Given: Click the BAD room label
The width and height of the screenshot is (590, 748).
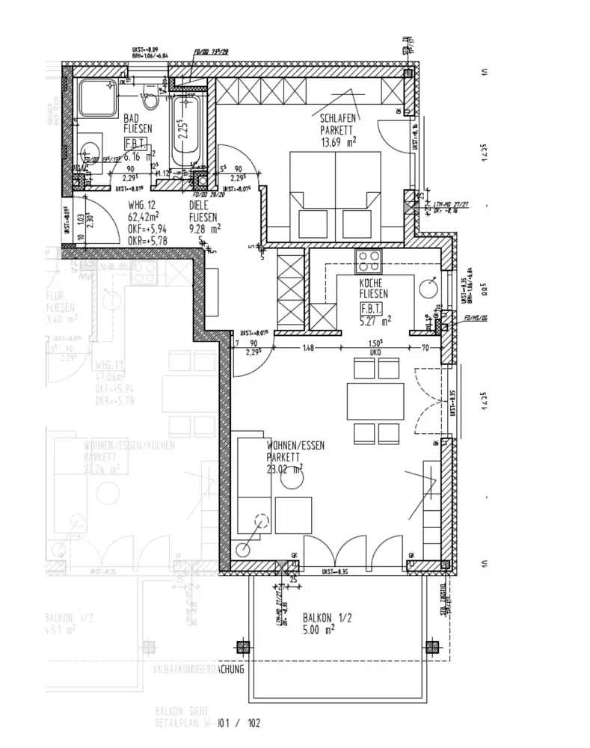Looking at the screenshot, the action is click(132, 118).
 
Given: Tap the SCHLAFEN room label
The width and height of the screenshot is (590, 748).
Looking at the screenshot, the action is click(338, 118).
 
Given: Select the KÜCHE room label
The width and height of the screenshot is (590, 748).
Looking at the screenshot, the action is click(371, 283).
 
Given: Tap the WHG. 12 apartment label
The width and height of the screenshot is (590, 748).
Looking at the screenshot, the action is click(142, 206).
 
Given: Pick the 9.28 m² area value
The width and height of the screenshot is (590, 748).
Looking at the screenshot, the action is click(205, 229).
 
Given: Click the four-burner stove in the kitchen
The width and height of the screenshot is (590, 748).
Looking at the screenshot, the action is click(368, 261).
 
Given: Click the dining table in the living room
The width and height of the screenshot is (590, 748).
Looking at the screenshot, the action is click(375, 401).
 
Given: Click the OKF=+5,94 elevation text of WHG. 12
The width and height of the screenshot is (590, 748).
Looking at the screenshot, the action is click(148, 229).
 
